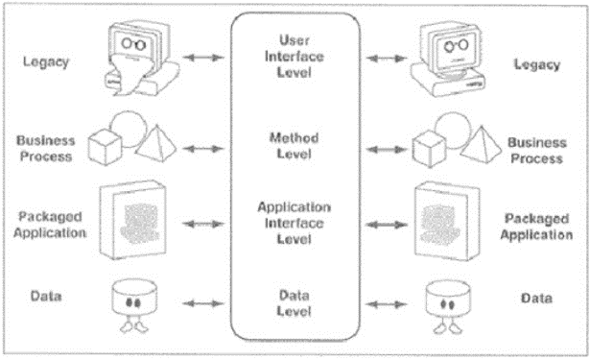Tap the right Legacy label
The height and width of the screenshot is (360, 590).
pyautogui.click(x=536, y=64)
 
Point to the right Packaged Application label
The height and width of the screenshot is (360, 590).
pyautogui.click(x=535, y=225)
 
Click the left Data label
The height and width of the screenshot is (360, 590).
pyautogui.click(x=43, y=296)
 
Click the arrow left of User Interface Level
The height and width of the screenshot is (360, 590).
pyautogui.click(x=201, y=60)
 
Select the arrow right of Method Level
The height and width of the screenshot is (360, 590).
pyautogui.click(x=389, y=149)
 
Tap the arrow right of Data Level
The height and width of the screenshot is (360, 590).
pyautogui.click(x=389, y=302)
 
